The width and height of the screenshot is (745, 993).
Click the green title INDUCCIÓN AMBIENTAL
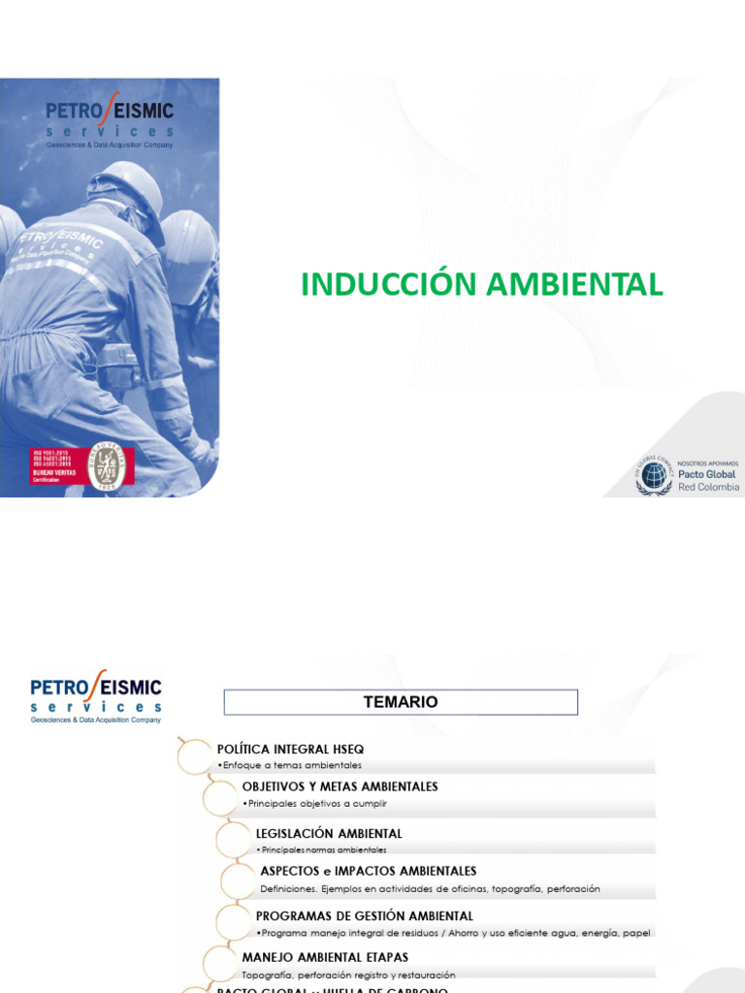482,284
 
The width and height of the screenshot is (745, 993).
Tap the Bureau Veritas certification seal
106,465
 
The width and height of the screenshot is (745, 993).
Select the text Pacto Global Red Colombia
706,480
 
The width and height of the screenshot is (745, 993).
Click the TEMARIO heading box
401,702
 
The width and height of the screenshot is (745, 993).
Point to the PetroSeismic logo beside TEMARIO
96,699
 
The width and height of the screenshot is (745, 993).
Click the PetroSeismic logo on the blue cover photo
110,121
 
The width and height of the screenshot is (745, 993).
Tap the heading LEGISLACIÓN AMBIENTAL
329,833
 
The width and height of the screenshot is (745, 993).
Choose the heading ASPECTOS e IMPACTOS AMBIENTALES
369,871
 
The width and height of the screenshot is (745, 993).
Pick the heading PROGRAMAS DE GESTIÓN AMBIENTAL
365,915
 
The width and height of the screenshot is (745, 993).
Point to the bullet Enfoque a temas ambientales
293,765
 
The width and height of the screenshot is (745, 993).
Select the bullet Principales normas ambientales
323,849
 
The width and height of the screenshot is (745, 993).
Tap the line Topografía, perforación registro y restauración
348,975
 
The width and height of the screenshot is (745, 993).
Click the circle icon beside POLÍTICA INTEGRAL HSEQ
194,755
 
